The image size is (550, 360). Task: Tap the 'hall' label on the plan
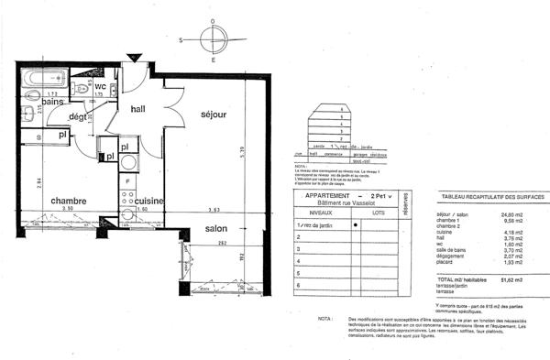point(138,109)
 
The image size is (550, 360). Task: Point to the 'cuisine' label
point(148,201)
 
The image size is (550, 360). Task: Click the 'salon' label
point(216,228)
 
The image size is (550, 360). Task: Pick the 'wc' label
point(101,86)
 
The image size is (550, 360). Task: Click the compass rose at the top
point(212,40)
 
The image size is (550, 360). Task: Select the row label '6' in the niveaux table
point(296,285)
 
